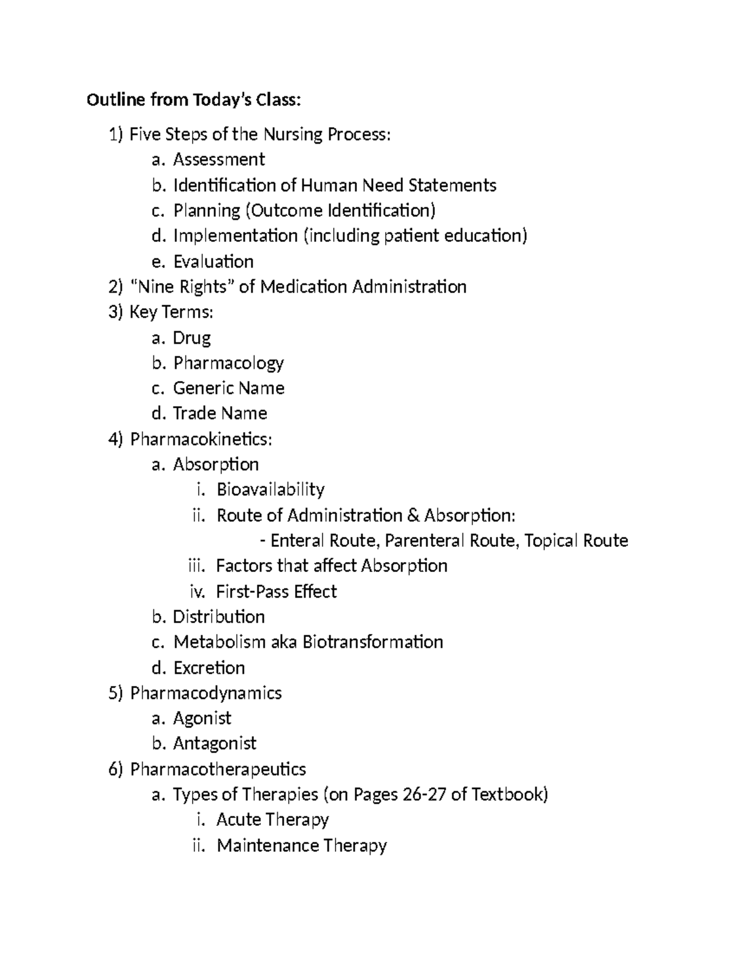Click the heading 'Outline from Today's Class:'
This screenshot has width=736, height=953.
pos(194,100)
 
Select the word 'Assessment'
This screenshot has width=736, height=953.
pos(219,160)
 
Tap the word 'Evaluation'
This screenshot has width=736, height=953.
pos(213,261)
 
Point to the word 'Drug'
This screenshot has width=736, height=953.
pos(192,338)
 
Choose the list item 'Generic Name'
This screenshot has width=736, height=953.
pos(229,388)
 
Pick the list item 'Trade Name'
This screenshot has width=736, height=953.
pos(220,413)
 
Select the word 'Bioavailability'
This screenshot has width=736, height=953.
pos(270,490)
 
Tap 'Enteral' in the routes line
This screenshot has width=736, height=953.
pos(297,541)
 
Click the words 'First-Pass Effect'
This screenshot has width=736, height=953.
pos(277,592)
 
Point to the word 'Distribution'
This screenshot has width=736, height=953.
pos(219,617)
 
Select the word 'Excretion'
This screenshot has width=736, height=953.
pos(209,668)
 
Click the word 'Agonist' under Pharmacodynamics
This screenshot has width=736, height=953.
pos(202,718)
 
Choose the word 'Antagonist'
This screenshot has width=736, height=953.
pos(215,744)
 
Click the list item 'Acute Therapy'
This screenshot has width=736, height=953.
pos(273,820)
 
